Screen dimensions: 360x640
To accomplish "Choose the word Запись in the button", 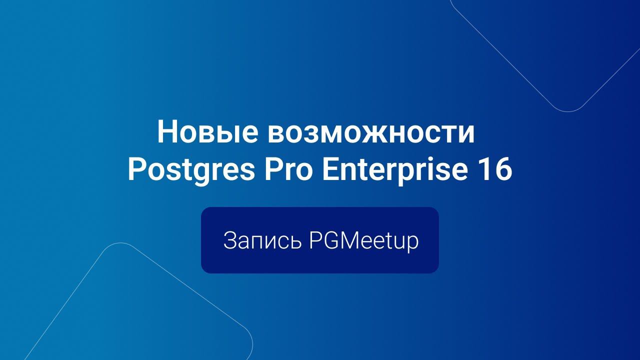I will pyautogui.click(x=262, y=241).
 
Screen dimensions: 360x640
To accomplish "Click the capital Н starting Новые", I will pyautogui.click(x=168, y=132).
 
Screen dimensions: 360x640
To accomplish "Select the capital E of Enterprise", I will pyautogui.click(x=330, y=170).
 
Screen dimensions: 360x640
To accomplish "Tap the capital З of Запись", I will pyautogui.click(x=229, y=241).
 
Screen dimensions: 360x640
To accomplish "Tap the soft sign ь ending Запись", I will pyautogui.click(x=296, y=242).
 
